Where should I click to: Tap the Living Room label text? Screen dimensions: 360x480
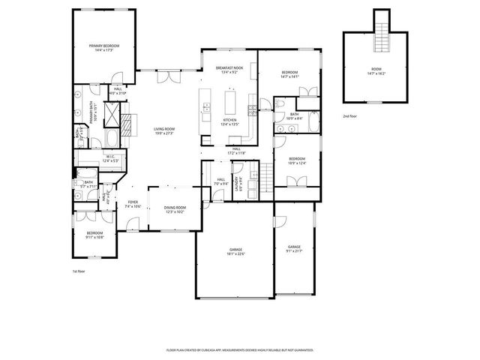163,131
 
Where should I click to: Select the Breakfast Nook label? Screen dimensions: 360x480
226,70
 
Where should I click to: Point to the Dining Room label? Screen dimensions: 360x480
174,209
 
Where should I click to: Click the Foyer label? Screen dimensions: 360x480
133,204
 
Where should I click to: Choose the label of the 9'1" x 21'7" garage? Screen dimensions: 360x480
294,248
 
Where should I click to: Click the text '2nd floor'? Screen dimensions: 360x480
350,117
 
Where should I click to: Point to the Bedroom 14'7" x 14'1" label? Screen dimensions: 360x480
289,74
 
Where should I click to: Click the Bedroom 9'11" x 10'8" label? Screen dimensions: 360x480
94,235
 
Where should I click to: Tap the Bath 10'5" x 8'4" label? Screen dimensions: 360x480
294,116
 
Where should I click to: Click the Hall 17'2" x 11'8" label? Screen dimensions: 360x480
236,151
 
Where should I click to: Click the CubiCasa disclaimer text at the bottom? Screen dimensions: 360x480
239,349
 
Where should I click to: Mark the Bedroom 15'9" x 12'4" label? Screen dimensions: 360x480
297,160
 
